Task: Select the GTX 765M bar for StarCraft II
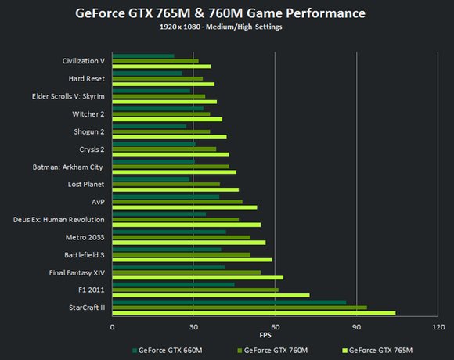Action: (x=254, y=312)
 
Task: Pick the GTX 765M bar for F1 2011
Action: (x=211, y=295)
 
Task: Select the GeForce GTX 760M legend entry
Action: (x=271, y=350)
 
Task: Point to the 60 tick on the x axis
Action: (x=275, y=326)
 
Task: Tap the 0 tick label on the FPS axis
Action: (x=113, y=326)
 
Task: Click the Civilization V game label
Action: (x=84, y=60)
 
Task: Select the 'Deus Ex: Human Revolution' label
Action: (x=59, y=219)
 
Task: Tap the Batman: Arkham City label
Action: (x=68, y=167)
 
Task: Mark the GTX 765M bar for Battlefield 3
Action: (x=192, y=260)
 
